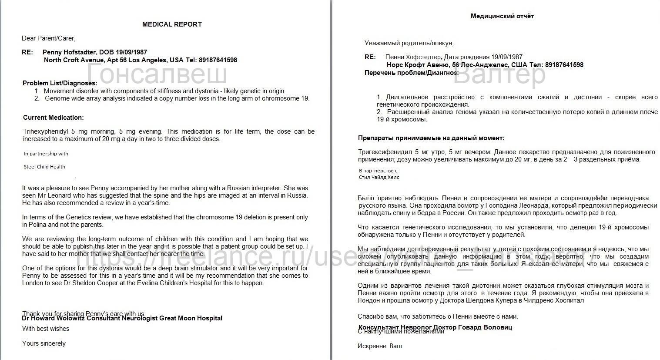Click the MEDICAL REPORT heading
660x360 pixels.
172,24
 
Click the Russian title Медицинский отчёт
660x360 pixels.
502,16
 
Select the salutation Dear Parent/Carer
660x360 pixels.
49,38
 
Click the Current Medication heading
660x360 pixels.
53,118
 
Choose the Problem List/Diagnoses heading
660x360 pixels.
60,83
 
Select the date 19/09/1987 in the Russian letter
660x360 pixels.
507,57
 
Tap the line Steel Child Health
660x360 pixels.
44,167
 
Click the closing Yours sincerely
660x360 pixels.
44,343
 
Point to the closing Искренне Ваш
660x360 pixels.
379,346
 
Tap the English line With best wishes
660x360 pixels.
46,329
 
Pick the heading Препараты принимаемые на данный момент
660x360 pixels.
431,138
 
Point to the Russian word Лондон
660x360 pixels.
369,300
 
